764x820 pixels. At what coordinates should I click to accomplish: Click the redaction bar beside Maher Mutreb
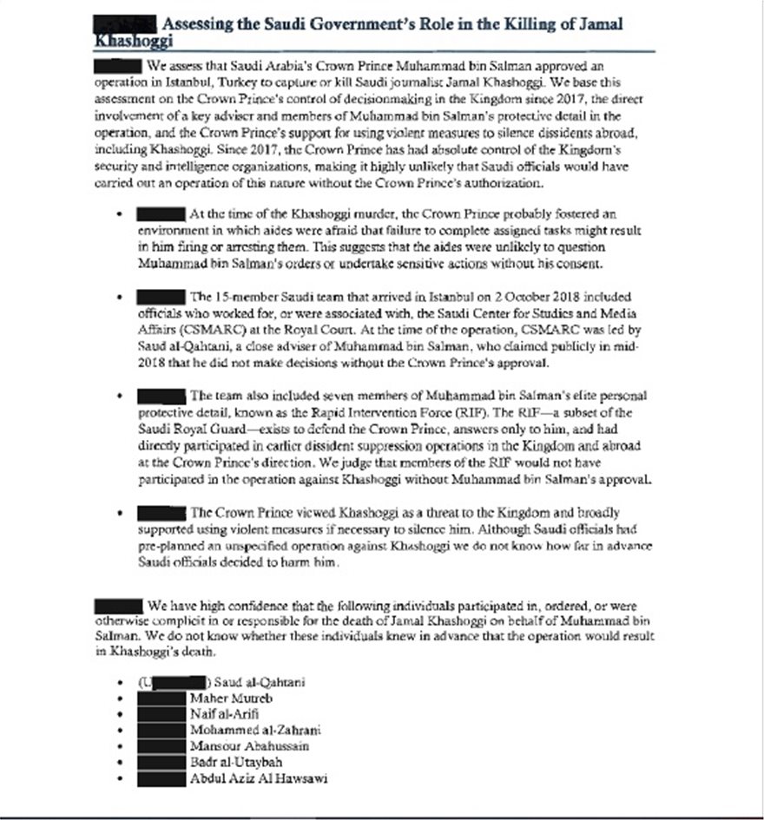pos(162,696)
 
